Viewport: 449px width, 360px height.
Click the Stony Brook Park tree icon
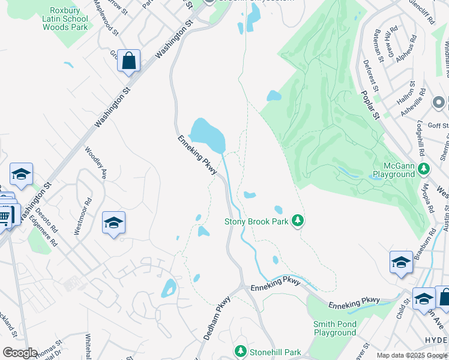[x=297, y=221]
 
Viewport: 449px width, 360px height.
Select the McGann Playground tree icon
[x=425, y=167]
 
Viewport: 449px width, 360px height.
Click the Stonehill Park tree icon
[x=241, y=350]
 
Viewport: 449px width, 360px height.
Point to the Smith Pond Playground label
[x=335, y=328]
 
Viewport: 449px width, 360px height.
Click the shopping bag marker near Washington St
[x=128, y=61]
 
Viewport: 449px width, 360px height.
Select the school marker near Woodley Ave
[x=113, y=223]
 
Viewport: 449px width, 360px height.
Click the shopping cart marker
[x=5, y=215]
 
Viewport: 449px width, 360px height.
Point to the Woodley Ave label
[x=95, y=163]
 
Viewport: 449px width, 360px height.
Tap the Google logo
[x=20, y=353]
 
